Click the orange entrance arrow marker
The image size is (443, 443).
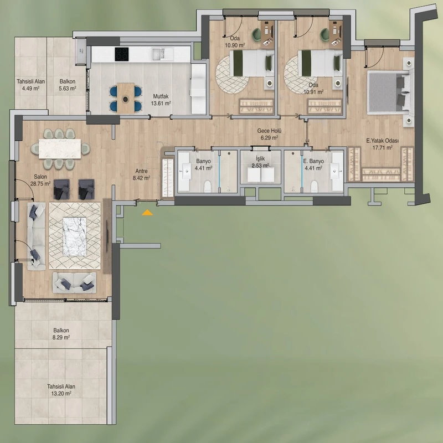147,213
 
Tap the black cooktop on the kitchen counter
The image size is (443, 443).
122,54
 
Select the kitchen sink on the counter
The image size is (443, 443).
159,54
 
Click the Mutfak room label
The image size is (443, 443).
161,96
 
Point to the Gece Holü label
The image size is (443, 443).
269,131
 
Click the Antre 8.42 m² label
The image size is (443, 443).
141,174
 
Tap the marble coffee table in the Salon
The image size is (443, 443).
75,236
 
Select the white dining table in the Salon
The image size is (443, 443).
60,148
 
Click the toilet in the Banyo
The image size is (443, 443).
208,187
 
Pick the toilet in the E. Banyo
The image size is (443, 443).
314,187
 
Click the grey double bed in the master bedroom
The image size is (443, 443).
389,92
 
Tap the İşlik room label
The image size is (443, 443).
260,158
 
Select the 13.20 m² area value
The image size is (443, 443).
61,394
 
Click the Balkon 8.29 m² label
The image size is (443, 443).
61,334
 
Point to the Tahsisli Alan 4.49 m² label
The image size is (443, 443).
30,85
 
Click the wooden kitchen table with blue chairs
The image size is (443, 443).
126,98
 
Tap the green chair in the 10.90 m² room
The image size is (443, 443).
257,34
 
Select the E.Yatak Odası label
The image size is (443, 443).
382,141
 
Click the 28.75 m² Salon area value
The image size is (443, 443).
40,184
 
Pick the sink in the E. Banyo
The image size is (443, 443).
336,171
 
